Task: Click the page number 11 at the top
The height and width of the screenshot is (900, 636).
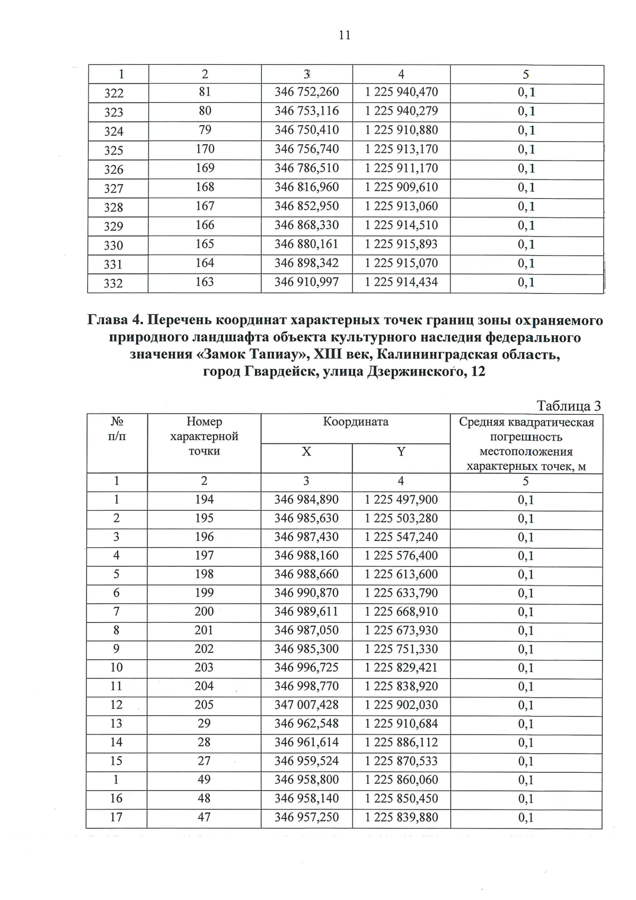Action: click(344, 36)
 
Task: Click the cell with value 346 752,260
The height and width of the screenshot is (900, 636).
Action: click(306, 92)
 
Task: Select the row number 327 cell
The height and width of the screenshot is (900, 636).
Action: click(114, 188)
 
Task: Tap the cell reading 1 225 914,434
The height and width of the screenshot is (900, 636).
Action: click(401, 282)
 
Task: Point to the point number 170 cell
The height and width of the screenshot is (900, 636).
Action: click(205, 150)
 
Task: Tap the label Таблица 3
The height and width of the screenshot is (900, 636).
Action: click(569, 406)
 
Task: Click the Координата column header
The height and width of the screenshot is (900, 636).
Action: click(356, 422)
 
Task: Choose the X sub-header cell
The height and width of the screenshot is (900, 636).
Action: click(306, 452)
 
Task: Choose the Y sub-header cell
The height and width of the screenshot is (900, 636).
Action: click(401, 452)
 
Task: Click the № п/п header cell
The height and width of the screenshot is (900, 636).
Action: click(117, 429)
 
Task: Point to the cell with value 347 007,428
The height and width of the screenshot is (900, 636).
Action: click(306, 705)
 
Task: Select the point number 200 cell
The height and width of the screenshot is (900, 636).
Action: click(204, 611)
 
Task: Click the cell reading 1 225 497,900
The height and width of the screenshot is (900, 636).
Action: click(401, 500)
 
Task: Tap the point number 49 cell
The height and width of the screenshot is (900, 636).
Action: click(204, 780)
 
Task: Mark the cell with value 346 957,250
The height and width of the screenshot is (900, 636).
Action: click(306, 817)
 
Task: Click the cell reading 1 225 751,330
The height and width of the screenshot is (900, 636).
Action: click(401, 649)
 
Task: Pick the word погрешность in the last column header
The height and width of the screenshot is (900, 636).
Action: click(526, 438)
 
